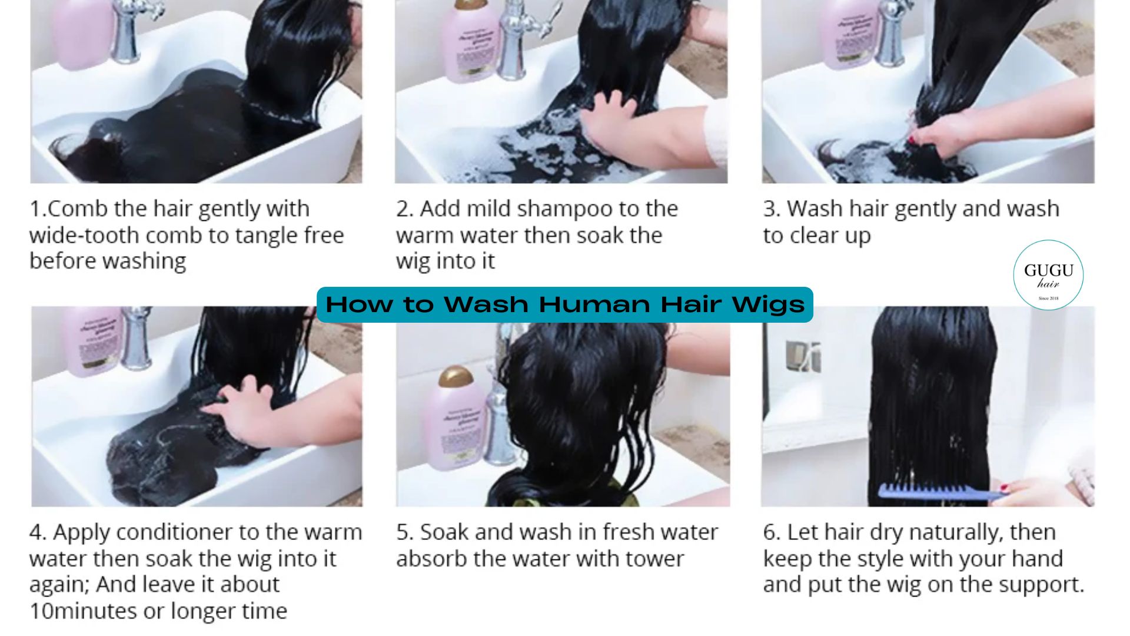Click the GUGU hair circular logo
coord(1048,275)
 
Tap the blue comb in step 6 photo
coord(936,492)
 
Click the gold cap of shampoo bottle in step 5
coord(456,376)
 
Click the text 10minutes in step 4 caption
coord(82,611)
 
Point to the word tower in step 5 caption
coord(654,559)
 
